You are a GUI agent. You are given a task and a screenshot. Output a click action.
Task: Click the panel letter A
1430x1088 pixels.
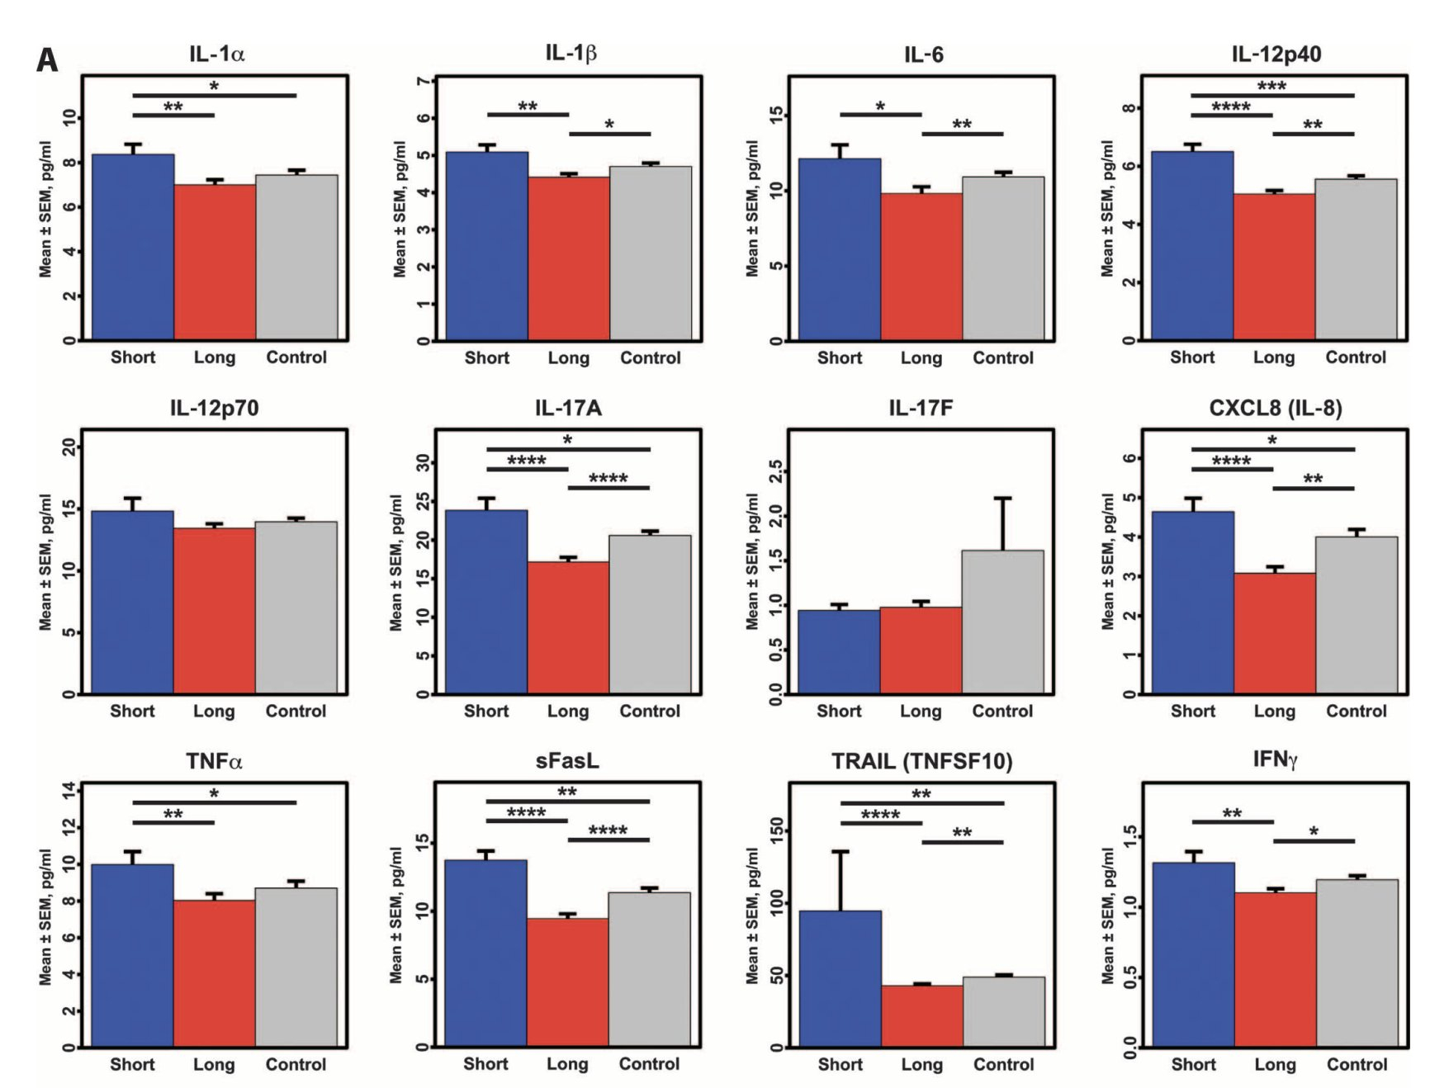48,60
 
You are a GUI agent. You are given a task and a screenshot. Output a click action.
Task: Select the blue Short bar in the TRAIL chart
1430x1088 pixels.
840,978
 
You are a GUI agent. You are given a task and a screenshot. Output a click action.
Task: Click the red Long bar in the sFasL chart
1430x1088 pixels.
567,982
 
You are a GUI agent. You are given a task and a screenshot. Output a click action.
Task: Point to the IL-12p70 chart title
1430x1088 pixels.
214,408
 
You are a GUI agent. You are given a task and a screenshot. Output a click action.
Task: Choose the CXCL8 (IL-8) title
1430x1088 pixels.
1275,408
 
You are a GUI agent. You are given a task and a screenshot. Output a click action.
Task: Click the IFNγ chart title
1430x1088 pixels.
1275,759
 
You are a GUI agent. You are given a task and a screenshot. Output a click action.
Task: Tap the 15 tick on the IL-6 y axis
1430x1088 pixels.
775,115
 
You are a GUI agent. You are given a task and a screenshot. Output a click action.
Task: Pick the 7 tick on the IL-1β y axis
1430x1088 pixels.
424,81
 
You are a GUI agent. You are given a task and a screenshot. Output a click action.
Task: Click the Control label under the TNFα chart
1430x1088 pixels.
296,1064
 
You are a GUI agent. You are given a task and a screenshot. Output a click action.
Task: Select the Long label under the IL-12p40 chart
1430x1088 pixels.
1274,357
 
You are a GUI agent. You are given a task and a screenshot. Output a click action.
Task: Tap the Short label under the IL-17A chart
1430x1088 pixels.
486,711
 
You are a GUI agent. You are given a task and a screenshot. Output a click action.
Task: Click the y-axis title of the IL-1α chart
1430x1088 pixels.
45,208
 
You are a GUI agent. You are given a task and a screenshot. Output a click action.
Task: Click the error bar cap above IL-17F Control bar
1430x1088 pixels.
1002,499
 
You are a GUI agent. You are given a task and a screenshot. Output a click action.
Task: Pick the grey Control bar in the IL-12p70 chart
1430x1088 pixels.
296,608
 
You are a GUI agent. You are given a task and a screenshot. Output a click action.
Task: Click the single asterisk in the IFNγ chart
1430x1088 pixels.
1314,832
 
